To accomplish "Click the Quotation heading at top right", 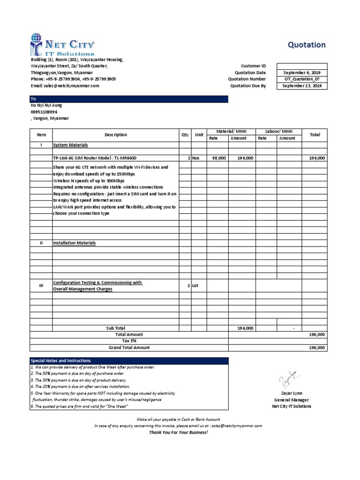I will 306,45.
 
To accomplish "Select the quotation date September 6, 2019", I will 302,73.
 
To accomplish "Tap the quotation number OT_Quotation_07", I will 302,79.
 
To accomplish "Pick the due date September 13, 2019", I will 302,86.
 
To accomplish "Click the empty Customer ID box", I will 302,66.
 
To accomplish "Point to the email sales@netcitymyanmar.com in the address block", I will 65,86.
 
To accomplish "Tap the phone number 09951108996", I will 44,112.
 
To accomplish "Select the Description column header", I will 116,135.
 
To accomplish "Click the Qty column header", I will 185,135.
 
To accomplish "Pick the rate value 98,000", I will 219,158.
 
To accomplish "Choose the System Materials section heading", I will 70,145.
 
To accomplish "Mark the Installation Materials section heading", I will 75,243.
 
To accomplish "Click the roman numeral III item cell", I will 41,285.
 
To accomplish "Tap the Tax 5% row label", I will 129,341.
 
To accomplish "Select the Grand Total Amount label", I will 129,347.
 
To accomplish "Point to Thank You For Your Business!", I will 178,432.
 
